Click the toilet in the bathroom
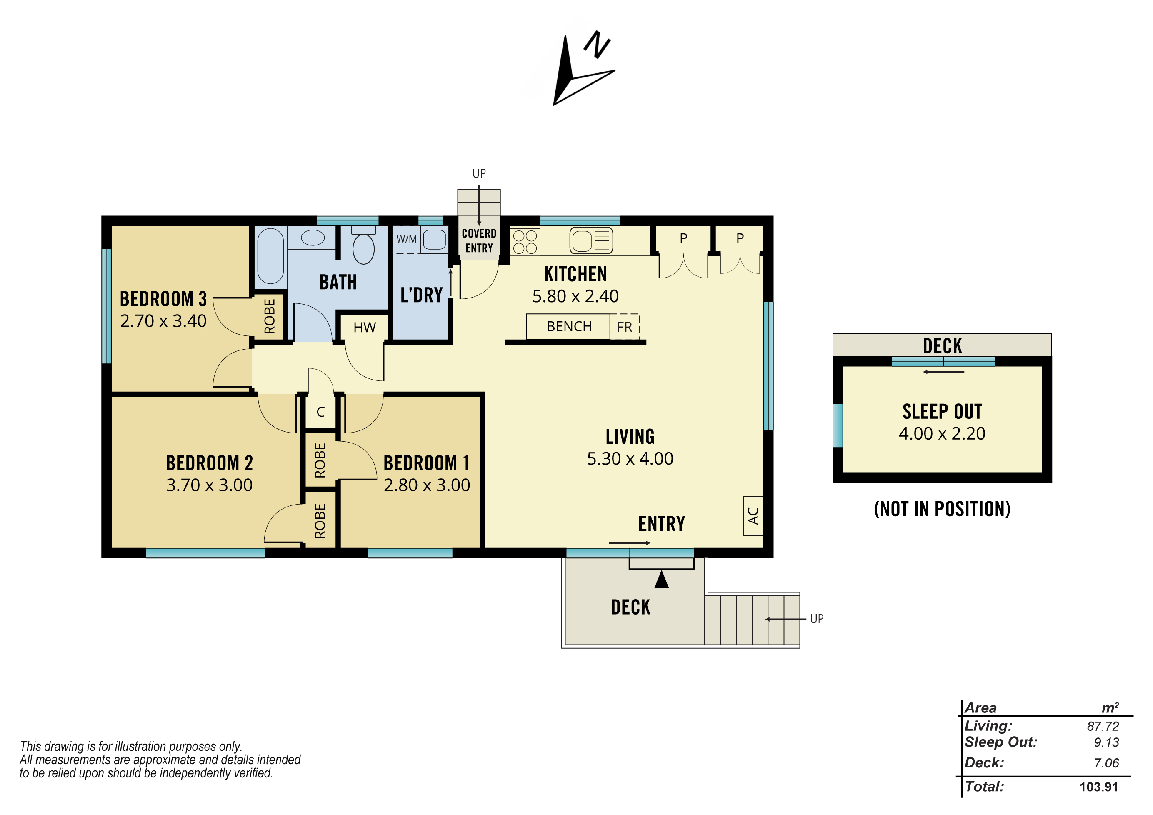pyautogui.click(x=364, y=245)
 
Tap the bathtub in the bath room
pyautogui.click(x=271, y=256)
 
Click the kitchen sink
pyautogui.click(x=591, y=240)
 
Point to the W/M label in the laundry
pyautogui.click(x=406, y=239)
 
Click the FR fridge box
pyautogui.click(x=625, y=327)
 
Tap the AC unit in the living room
pyautogui.click(x=753, y=516)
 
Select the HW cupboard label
pyautogui.click(x=365, y=327)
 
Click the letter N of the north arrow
pyautogui.click(x=597, y=45)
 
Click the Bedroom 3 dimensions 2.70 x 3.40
pyautogui.click(x=163, y=321)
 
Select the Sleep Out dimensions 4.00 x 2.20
pyautogui.click(x=942, y=433)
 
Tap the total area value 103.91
pyautogui.click(x=1099, y=787)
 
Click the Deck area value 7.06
pyautogui.click(x=1107, y=763)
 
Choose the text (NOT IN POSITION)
pyautogui.click(x=942, y=509)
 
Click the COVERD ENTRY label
pyautogui.click(x=479, y=240)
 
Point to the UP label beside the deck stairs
pyautogui.click(x=817, y=619)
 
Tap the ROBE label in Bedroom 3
pyautogui.click(x=270, y=316)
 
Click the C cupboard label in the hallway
pyautogui.click(x=320, y=412)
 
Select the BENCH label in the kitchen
pyautogui.click(x=569, y=326)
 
